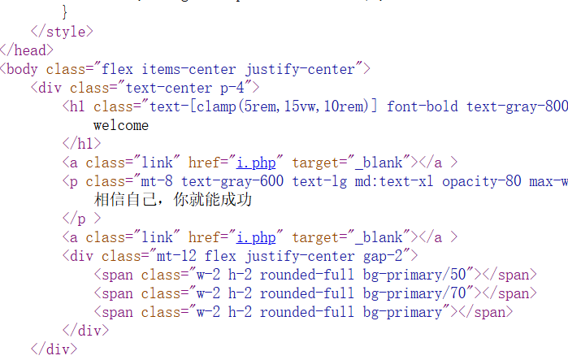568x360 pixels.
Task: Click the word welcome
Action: pos(120,125)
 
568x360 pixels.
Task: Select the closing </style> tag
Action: pos(62,32)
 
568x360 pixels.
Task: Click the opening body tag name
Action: pos(23,69)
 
